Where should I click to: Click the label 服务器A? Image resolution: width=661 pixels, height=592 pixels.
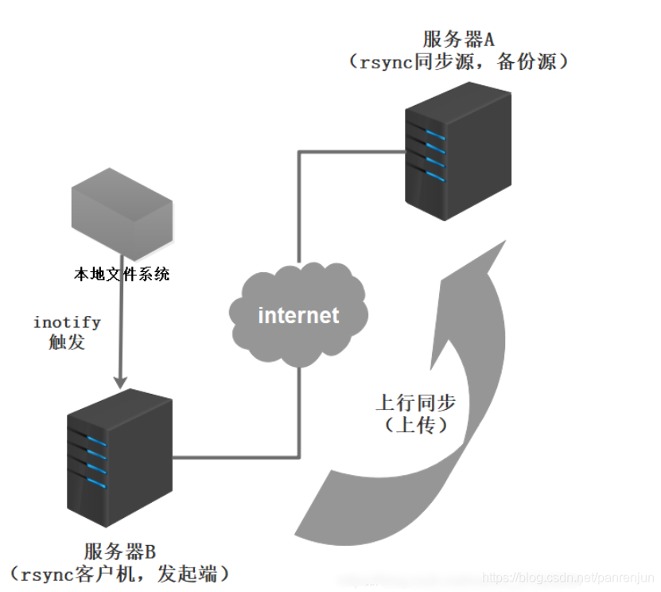click(459, 38)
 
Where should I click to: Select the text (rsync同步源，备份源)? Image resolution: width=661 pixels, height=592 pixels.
click(459, 62)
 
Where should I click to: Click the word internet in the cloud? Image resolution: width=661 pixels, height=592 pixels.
click(298, 315)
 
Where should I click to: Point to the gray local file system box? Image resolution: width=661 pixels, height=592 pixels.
click(121, 216)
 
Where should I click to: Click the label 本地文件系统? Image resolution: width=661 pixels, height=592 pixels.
click(121, 275)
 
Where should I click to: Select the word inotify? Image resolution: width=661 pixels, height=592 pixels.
click(67, 322)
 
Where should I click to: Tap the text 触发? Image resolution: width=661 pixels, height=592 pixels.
click(67, 343)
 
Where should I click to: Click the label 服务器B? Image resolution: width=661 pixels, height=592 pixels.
click(119, 550)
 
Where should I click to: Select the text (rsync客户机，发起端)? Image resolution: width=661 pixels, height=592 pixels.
click(119, 573)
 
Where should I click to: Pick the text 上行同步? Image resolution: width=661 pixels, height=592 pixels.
click(416, 401)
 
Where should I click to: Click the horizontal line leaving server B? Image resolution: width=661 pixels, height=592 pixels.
click(235, 457)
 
